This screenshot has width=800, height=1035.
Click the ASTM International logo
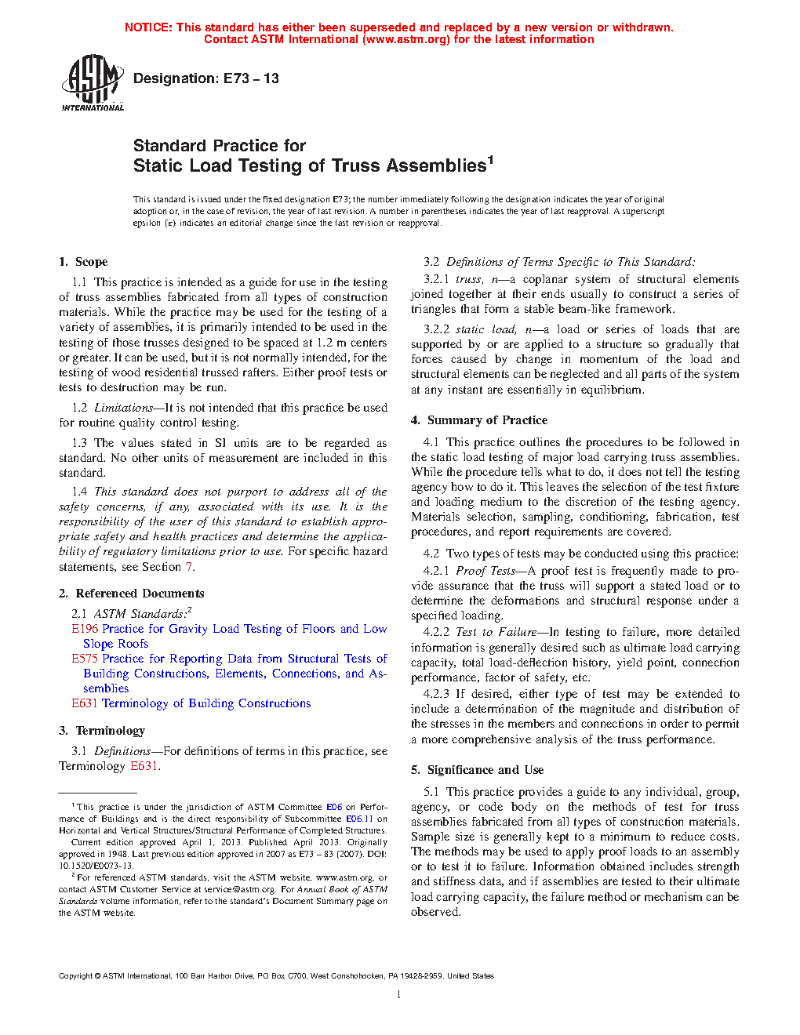pyautogui.click(x=92, y=82)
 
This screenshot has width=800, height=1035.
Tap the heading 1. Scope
pyautogui.click(x=83, y=262)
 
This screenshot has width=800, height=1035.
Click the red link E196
pyautogui.click(x=85, y=629)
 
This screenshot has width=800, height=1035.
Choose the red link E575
pyautogui.click(x=85, y=659)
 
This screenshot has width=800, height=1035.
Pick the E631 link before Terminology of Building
pyautogui.click(x=85, y=703)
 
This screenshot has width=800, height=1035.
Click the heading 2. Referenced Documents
pyautogui.click(x=132, y=594)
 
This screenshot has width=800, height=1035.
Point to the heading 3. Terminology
pyautogui.click(x=102, y=731)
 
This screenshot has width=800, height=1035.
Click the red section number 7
pyautogui.click(x=189, y=567)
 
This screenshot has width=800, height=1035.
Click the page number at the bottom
pyautogui.click(x=399, y=995)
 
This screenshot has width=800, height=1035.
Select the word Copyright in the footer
pyautogui.click(x=76, y=976)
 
